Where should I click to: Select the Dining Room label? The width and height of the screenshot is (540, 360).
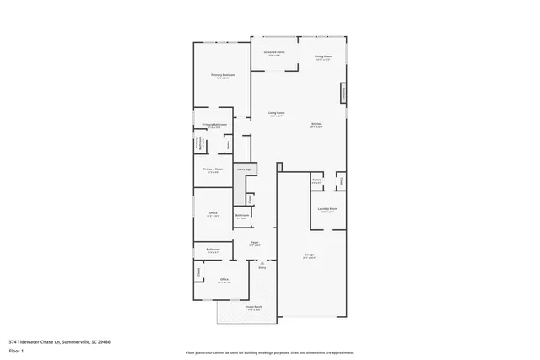click(x=324, y=58)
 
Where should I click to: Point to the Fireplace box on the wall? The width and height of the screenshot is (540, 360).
click(x=343, y=92)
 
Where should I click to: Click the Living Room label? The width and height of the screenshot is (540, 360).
click(x=276, y=114)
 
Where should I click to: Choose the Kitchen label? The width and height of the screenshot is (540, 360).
click(x=317, y=125)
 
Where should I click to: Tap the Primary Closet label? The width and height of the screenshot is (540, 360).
click(x=213, y=169)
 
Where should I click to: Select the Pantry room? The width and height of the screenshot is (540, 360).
click(x=317, y=180)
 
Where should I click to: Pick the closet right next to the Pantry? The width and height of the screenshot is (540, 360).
click(x=340, y=180)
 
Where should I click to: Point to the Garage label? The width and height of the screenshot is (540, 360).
click(x=310, y=255)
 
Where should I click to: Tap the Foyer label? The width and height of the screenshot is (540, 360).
click(x=254, y=243)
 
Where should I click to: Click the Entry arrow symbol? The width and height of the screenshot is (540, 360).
click(x=262, y=263)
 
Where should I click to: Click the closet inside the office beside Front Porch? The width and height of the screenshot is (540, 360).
click(x=199, y=271)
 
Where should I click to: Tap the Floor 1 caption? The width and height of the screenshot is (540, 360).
click(x=16, y=350)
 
